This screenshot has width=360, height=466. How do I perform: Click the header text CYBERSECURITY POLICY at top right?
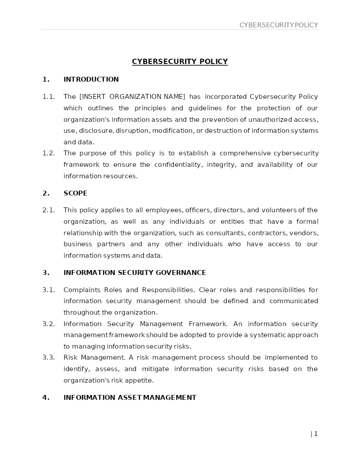click(x=278, y=25)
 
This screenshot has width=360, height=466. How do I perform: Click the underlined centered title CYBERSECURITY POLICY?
click(x=180, y=61)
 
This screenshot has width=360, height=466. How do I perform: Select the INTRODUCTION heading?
click(x=91, y=79)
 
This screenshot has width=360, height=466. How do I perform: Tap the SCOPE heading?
click(x=75, y=193)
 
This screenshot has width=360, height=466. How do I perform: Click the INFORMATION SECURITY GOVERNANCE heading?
click(x=135, y=273)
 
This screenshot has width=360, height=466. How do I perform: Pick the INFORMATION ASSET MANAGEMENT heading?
click(x=130, y=398)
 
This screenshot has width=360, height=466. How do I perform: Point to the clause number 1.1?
click(x=49, y=97)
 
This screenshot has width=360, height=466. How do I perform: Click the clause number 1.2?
click(x=49, y=153)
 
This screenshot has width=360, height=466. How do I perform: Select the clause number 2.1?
click(x=49, y=210)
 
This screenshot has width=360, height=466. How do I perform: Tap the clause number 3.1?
click(x=49, y=290)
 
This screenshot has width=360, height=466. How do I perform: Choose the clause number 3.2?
click(x=49, y=324)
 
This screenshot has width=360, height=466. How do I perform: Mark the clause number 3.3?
click(x=49, y=357)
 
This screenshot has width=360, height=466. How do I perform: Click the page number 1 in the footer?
click(x=316, y=434)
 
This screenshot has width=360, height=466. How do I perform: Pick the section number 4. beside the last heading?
click(x=46, y=398)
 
